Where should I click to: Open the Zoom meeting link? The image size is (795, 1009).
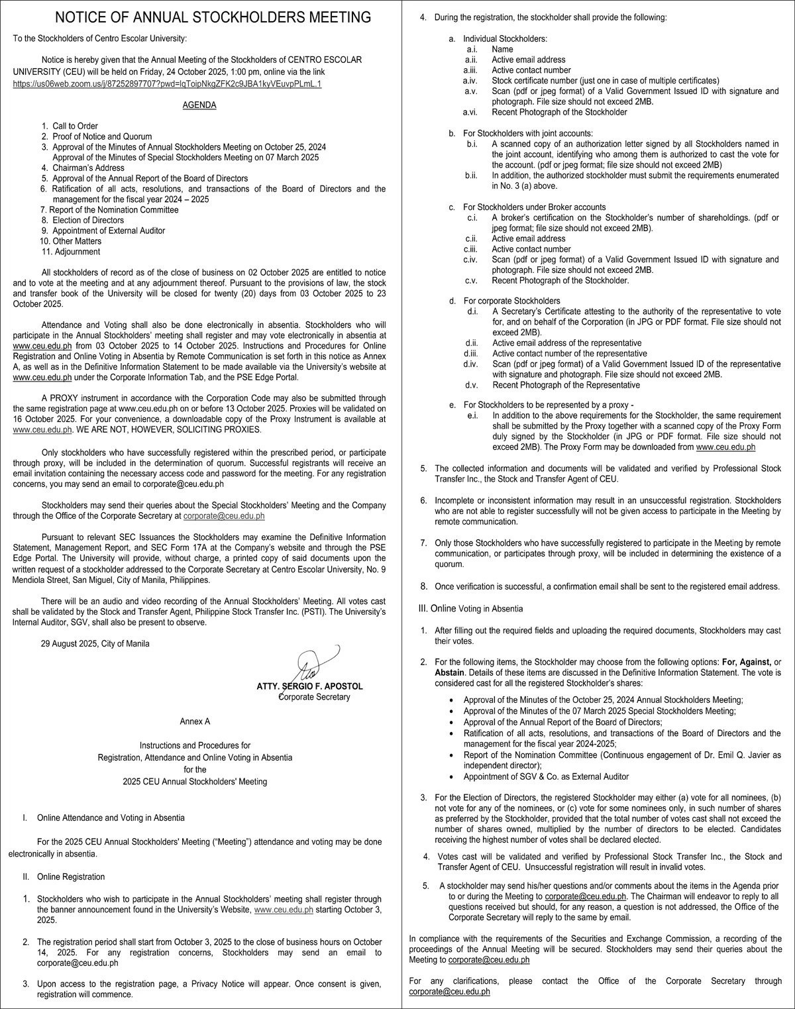167,84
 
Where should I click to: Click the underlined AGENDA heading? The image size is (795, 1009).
199,105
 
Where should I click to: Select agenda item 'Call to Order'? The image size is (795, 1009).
75,126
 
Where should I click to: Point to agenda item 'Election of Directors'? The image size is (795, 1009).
88,220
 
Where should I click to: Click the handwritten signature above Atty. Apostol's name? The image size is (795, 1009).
309,666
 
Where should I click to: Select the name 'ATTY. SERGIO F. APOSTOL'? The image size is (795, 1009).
310,686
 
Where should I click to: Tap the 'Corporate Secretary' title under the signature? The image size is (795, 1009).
315,697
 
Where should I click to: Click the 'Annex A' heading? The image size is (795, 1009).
195,721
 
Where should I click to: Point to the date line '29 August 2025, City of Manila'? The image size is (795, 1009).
95,643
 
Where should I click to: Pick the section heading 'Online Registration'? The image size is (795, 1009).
71,876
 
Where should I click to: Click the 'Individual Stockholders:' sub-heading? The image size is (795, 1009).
505,40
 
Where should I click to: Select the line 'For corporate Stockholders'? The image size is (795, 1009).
511,301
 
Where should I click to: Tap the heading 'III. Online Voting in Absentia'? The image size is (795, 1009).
470,608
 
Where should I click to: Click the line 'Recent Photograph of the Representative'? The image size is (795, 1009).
566,385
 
